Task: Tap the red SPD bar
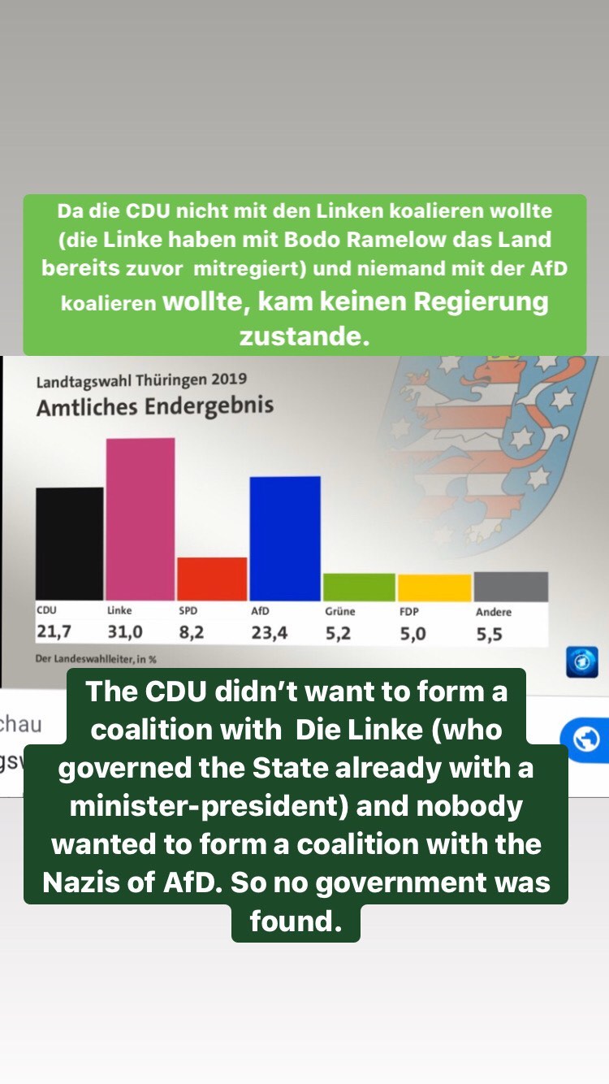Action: point(212,579)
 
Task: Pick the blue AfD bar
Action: point(285,538)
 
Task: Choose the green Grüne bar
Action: point(359,587)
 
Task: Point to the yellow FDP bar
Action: point(434,588)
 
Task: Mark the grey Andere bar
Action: point(511,586)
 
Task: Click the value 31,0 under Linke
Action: point(126,632)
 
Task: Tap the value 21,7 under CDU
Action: point(54,632)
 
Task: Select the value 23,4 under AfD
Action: point(269,633)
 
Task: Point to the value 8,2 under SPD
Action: point(192,633)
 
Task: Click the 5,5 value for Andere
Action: point(489,635)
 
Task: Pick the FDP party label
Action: point(409,612)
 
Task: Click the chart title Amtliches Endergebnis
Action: point(154,405)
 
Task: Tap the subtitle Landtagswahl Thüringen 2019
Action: point(141,379)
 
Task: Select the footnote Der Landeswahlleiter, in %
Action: point(96,659)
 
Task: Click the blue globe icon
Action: point(585,739)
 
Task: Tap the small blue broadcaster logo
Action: point(582,661)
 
